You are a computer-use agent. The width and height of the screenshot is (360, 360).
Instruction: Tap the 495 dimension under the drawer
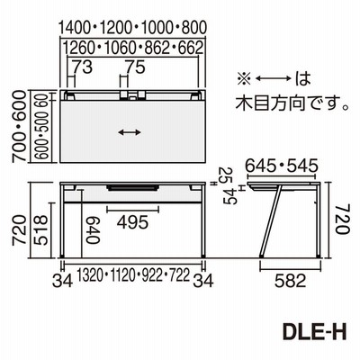click(132, 222)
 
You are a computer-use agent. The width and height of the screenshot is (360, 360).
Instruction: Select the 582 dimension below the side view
click(291, 281)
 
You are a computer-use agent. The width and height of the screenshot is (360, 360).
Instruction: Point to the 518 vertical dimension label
click(40, 229)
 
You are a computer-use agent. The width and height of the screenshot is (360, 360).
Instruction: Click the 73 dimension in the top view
click(83, 67)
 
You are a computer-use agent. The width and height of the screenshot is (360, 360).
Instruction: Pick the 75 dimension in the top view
click(135, 67)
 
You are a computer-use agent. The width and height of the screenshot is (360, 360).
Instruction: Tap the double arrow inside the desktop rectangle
click(130, 132)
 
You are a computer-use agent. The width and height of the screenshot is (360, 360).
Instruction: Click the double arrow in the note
click(274, 78)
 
